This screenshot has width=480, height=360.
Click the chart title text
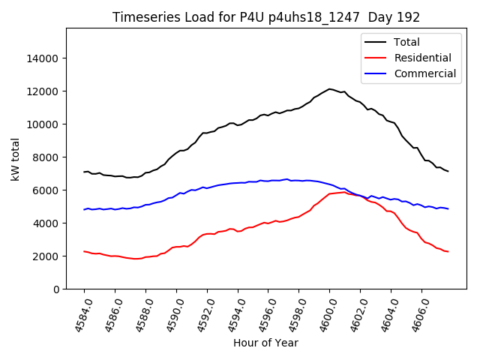pyautogui.click(x=265, y=17)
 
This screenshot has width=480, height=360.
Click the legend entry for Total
pyautogui.click(x=406, y=42)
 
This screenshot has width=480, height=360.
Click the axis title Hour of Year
pyautogui.click(x=265, y=343)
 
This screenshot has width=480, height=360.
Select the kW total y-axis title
pyautogui.click(x=15, y=159)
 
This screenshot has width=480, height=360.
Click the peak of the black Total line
pyautogui.click(x=329, y=89)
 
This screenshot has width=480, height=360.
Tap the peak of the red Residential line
pyautogui.click(x=343, y=192)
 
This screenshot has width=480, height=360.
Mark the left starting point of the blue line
pyautogui.click(x=84, y=209)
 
